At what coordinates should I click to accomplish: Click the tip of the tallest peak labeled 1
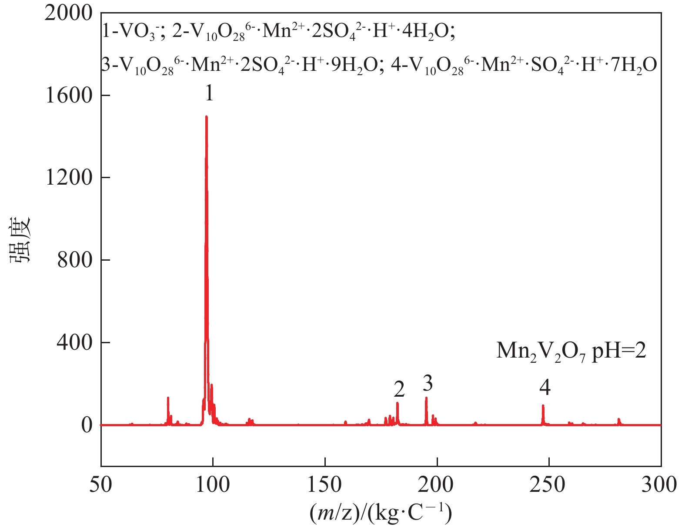(206, 117)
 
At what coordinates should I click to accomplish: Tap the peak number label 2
(399, 389)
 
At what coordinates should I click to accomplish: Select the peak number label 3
(428, 383)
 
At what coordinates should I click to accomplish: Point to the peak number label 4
(545, 387)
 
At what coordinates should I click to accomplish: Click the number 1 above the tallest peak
(209, 93)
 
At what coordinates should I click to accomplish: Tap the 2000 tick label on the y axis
(69, 13)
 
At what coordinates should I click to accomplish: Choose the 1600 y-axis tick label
(69, 96)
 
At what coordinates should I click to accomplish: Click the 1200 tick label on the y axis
(69, 178)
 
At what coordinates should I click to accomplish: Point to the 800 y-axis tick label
(75, 260)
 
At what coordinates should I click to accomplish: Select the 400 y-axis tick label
(75, 342)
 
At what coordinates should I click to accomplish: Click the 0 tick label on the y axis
(87, 425)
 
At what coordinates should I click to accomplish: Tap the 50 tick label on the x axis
(101, 484)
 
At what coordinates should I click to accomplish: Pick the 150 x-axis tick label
(325, 484)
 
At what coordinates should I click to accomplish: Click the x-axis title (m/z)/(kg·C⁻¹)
(381, 513)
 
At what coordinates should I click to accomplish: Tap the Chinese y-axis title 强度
(20, 240)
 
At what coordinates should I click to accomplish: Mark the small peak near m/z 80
(168, 398)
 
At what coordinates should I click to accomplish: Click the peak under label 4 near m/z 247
(543, 406)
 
